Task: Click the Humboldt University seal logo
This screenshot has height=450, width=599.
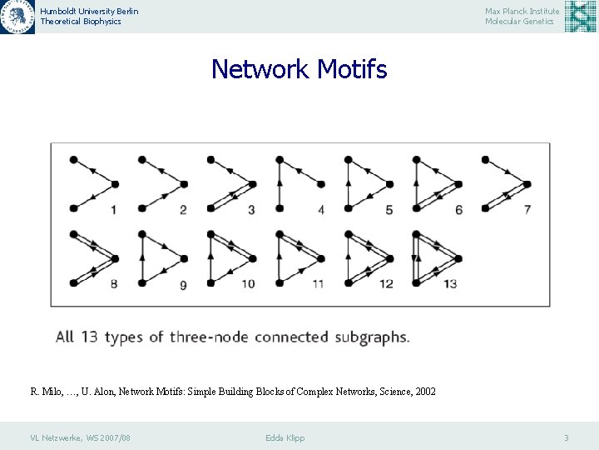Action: click(x=17, y=17)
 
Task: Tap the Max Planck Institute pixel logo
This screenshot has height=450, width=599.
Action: click(x=580, y=17)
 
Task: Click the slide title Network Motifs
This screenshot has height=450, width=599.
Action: click(x=299, y=69)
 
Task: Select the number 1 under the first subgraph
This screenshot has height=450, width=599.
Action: click(x=113, y=210)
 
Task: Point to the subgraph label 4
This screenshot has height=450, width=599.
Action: click(x=321, y=210)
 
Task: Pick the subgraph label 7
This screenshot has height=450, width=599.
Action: click(x=527, y=209)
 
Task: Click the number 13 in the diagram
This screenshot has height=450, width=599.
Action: click(x=449, y=284)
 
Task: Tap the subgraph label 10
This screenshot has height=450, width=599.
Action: click(x=248, y=284)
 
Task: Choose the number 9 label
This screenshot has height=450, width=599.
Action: click(x=183, y=285)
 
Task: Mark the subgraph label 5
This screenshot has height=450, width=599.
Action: click(x=389, y=210)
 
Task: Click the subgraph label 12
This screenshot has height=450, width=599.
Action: click(x=386, y=284)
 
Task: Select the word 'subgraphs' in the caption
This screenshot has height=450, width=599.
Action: click(x=373, y=337)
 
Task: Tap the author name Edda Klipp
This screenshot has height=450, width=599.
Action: click(x=285, y=437)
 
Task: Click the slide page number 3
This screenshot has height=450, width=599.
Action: click(x=566, y=437)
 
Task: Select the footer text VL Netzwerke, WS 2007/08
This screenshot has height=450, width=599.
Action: click(x=80, y=437)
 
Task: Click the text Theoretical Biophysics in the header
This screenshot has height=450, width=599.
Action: click(x=81, y=22)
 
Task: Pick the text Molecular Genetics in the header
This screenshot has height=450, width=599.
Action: click(x=520, y=22)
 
